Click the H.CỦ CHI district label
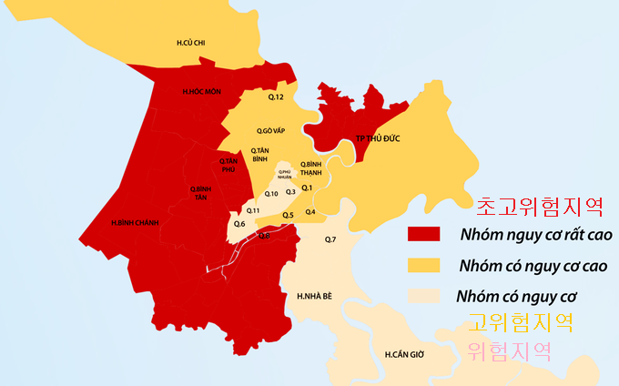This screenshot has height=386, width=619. [x=191, y=43]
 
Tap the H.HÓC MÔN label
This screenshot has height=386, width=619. [x=201, y=92]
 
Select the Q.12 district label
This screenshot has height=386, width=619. [x=277, y=96]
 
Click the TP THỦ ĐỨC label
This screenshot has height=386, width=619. [x=378, y=138]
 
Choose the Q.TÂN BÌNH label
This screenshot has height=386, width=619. [x=261, y=154]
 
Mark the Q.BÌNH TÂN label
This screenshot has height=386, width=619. [x=201, y=192]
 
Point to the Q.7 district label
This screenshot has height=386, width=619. [x=330, y=239]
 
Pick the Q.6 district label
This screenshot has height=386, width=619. [x=239, y=224]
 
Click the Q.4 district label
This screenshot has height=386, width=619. [x=310, y=212]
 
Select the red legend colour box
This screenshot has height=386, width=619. [x=424, y=234]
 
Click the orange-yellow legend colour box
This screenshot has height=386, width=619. [x=424, y=265]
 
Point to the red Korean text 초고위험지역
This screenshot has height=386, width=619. [x=540, y=204]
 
